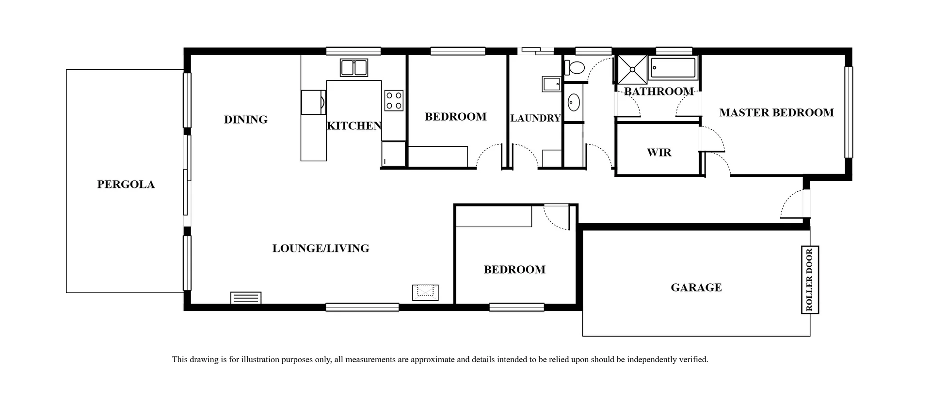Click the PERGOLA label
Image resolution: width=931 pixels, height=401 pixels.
[126, 185]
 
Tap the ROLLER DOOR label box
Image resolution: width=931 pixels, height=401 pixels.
[809, 279]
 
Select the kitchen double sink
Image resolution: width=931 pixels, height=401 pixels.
[353, 68]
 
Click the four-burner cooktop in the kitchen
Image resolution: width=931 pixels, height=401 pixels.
[394, 101]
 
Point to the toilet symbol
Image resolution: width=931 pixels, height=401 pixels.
[575, 68]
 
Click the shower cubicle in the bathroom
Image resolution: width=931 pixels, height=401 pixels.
[632, 70]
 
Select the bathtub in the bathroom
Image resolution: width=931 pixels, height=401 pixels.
[673, 68]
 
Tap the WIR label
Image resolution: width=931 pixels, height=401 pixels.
[659, 153]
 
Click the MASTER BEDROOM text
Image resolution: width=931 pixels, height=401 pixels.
[776, 113]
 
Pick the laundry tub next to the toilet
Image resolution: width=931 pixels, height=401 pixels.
[551, 84]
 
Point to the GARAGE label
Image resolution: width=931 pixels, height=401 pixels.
[696, 288]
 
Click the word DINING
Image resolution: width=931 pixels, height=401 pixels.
[245, 120]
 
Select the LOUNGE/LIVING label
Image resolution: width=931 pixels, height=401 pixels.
[321, 248]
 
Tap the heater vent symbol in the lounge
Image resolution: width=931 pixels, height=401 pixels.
[246, 298]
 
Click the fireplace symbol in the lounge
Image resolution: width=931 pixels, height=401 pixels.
[425, 292]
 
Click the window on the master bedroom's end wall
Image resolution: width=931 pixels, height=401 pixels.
[848, 112]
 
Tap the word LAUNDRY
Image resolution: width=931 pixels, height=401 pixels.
[535, 118]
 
